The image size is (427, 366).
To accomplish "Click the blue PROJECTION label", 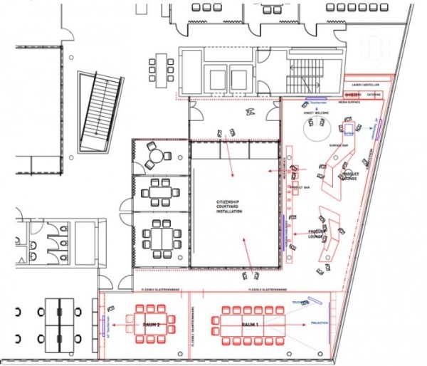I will pyautogui.click(x=320, y=325).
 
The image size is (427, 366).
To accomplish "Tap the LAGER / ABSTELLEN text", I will pyautogui.click(x=367, y=84).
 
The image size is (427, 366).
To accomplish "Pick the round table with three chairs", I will pyautogui.click(x=152, y=155).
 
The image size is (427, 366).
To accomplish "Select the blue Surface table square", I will pyautogui.click(x=350, y=130).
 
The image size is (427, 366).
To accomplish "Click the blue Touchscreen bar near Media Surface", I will pyautogui.click(x=316, y=100).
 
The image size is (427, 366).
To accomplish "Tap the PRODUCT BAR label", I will pyautogui.click(x=299, y=187).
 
